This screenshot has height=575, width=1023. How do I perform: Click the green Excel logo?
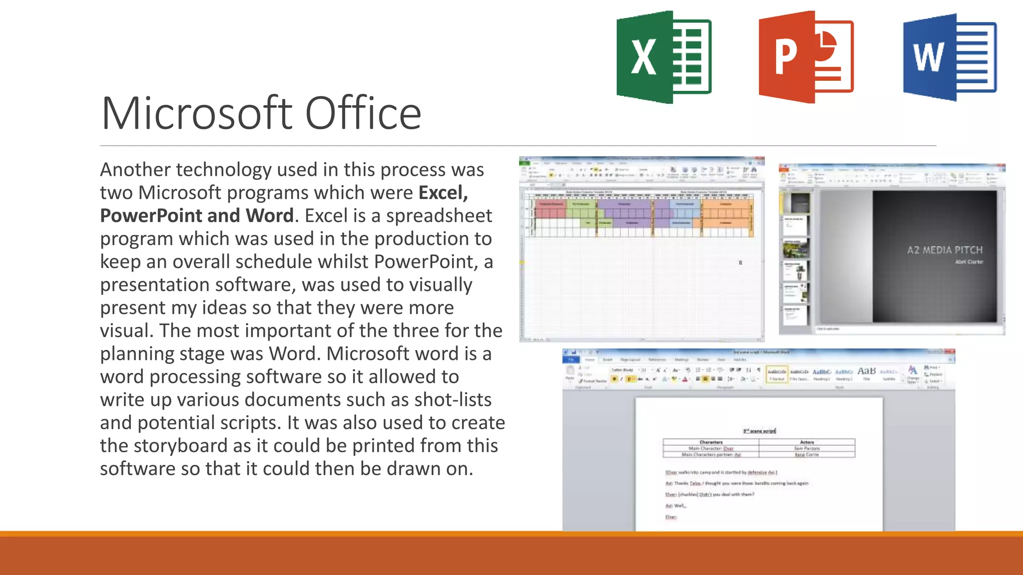[663, 57]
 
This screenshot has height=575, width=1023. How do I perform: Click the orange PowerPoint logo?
[805, 57]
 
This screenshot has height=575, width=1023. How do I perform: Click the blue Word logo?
[949, 57]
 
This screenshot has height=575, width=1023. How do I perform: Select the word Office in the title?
[363, 113]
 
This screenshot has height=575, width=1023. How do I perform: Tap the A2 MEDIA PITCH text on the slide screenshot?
[945, 250]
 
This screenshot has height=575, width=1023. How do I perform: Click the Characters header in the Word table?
[711, 442]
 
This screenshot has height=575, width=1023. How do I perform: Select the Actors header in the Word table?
[807, 442]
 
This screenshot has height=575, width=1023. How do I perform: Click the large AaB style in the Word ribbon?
[866, 371]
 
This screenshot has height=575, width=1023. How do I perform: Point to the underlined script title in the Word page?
[759, 431]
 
